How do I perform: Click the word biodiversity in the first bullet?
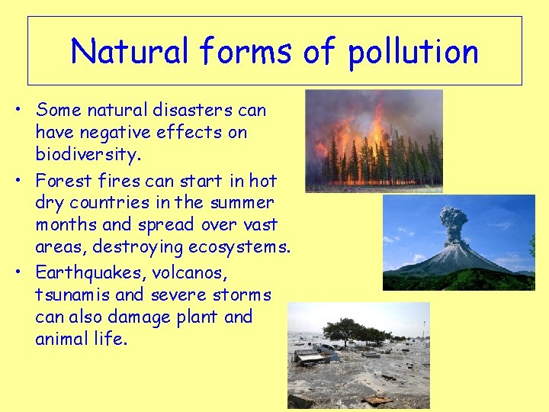88,154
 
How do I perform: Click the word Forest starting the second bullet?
63,182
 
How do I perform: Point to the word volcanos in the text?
194,273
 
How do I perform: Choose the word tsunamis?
69,295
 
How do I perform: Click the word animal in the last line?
62,338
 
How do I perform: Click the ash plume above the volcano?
454,222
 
